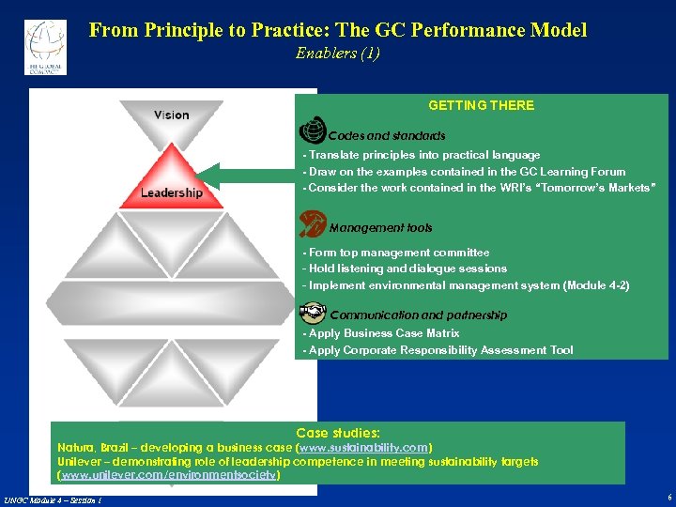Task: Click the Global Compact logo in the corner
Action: coord(45,46)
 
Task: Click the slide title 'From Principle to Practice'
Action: coord(338,30)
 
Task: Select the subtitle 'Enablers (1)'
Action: coord(338,54)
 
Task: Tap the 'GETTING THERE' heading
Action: coord(481,105)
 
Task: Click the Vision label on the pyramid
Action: coord(172,115)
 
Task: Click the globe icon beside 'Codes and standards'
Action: coord(312,133)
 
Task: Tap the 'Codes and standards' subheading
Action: coord(387,136)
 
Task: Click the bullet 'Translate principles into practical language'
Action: coord(422,155)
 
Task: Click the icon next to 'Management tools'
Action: coord(311,223)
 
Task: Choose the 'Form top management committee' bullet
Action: coord(397,253)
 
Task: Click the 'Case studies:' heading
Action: coord(338,433)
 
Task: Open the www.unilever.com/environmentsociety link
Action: coord(169,476)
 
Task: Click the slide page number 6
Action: coord(668,497)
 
